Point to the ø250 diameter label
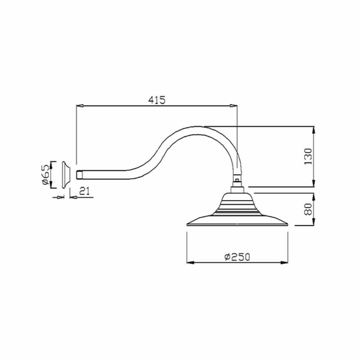click(237, 257)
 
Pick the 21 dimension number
click(85, 191)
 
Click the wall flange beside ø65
click(66, 175)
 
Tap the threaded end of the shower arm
click(79, 175)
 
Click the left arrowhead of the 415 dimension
click(80, 106)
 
